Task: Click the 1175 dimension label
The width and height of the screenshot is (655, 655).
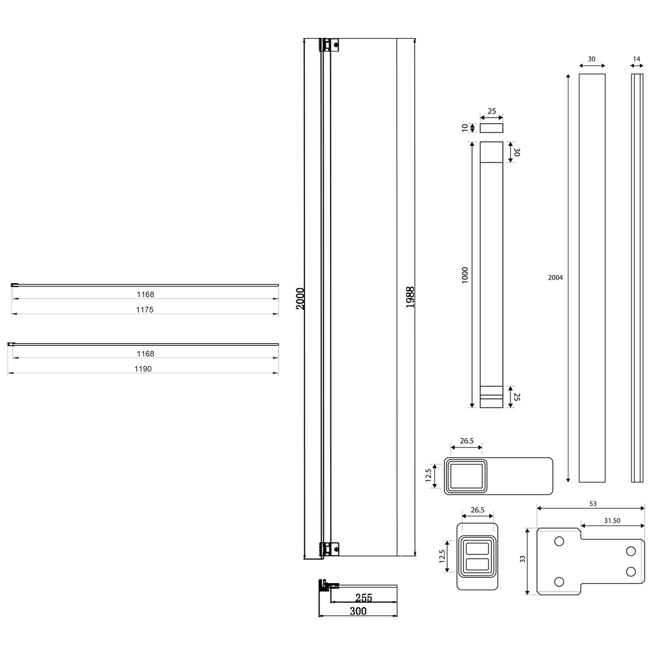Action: click(145, 310)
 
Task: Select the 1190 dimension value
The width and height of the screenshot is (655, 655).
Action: click(143, 369)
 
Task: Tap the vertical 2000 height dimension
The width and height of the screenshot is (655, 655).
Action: click(300, 299)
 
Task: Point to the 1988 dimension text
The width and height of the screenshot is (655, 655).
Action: click(410, 297)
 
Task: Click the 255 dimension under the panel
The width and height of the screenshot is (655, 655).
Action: click(363, 597)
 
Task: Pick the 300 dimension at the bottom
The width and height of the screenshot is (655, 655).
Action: click(358, 611)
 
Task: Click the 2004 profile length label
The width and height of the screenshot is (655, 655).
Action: click(555, 278)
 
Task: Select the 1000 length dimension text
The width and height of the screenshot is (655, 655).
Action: click(465, 275)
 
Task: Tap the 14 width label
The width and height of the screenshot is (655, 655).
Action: click(636, 59)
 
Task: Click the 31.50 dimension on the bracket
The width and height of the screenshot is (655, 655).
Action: click(612, 521)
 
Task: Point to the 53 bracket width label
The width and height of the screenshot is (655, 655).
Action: click(593, 503)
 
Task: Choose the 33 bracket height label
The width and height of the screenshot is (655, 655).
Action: click(523, 559)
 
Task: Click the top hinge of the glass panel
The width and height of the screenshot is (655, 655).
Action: click(330, 45)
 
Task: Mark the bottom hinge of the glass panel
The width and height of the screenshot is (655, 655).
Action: click(330, 548)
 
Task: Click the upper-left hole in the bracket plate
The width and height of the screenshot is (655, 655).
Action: click(559, 541)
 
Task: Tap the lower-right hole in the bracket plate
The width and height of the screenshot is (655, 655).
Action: click(631, 571)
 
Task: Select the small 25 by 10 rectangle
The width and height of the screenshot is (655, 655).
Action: click(491, 128)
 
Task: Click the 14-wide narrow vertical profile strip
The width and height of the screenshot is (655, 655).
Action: click(637, 278)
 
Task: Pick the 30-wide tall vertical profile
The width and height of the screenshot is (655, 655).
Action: click(592, 278)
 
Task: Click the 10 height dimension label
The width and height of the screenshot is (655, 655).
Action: click(465, 128)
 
